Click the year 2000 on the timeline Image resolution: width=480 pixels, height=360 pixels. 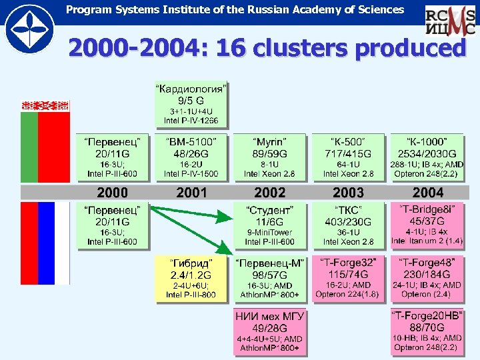point(112,193)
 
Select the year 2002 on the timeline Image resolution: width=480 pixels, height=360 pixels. point(269,193)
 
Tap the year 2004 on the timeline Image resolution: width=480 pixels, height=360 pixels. point(427,193)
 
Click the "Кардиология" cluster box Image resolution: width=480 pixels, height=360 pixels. point(191,104)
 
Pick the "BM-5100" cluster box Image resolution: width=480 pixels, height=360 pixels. point(191,157)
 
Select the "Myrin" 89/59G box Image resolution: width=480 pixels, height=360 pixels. point(269,157)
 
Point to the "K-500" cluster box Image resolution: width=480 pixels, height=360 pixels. point(349,157)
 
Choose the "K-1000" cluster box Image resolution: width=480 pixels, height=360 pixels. point(427,157)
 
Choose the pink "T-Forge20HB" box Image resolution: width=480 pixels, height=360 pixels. point(427,331)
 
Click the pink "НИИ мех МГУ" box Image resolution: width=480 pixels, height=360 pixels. point(269,331)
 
